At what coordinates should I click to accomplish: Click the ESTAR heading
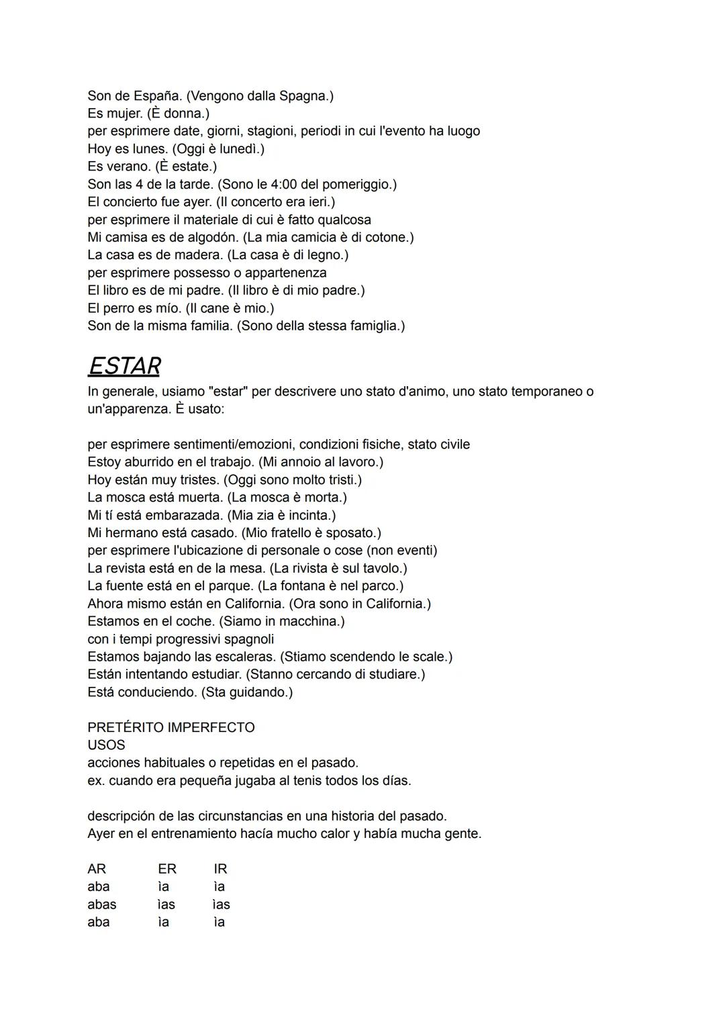pos(124,366)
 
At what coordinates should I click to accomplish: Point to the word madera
pos(199,255)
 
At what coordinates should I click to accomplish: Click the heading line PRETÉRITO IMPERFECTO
pos(171,727)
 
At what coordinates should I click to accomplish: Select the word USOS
pos(106,745)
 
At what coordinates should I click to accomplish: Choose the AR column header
pos(97,869)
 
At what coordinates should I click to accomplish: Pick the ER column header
pos(167,869)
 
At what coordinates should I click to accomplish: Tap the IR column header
pos(220,869)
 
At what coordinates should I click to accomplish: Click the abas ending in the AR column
pos(102,904)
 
